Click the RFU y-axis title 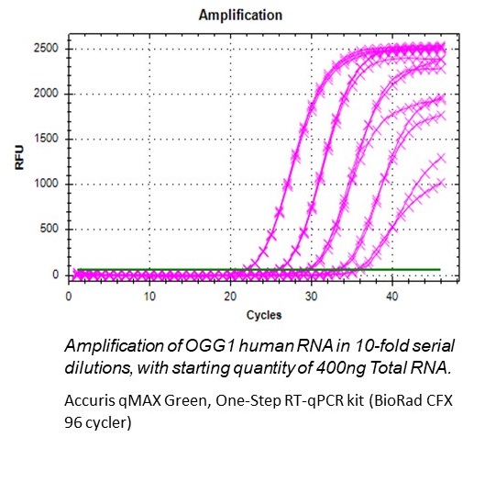point(18,164)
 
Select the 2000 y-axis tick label point(47,94)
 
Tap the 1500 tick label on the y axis point(47,139)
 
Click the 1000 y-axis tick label point(47,184)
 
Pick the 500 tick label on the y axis point(50,230)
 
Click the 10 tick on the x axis point(149,296)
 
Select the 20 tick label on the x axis point(230,296)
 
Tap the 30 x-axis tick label point(311,296)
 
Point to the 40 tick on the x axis point(391,296)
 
